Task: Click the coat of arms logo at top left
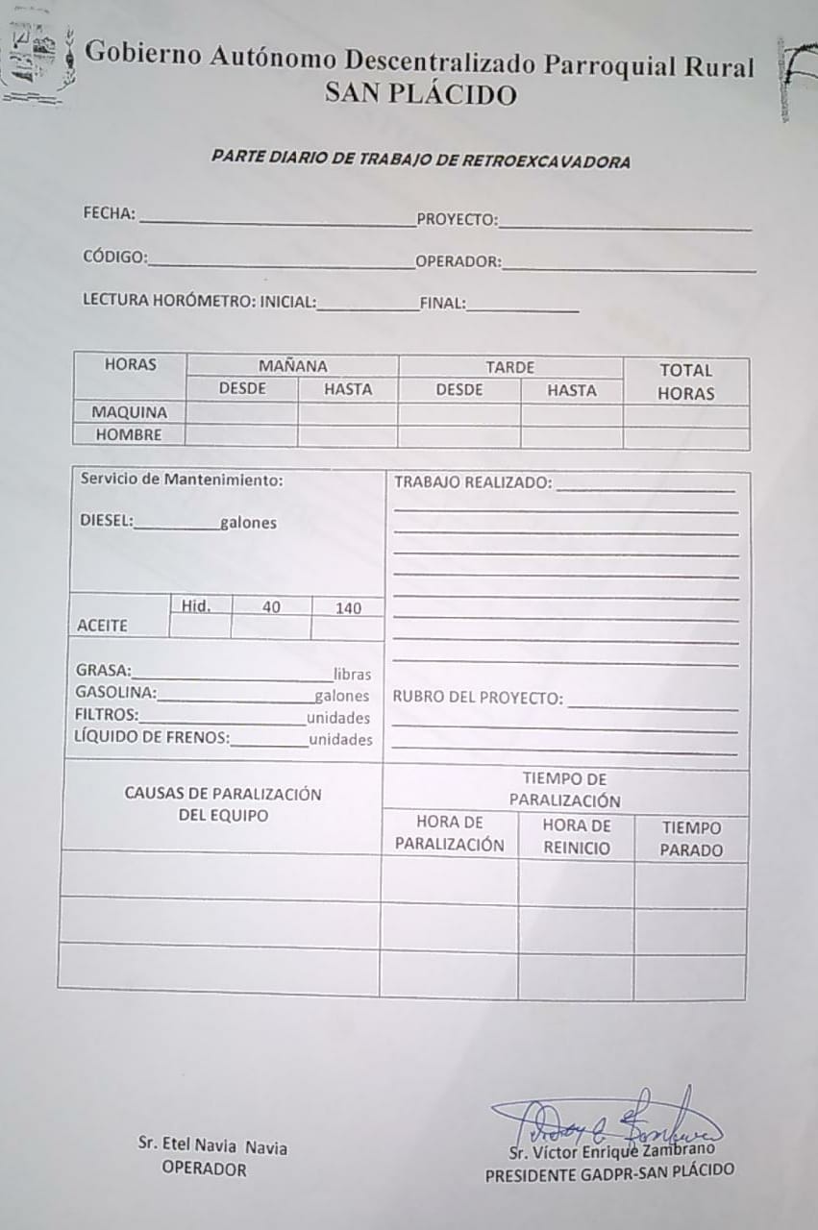click(x=38, y=60)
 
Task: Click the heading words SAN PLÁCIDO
click(x=421, y=95)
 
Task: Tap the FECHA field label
click(x=109, y=213)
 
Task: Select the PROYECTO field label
click(x=457, y=220)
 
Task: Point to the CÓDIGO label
click(x=114, y=258)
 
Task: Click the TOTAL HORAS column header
click(x=685, y=381)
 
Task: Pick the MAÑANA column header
click(x=292, y=366)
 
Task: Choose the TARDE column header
click(x=509, y=367)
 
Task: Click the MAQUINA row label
click(x=129, y=412)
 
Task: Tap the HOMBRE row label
click(x=129, y=434)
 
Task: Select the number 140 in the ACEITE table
click(x=348, y=607)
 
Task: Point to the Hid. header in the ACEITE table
click(x=196, y=605)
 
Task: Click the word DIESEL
click(x=106, y=522)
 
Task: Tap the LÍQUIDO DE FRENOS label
click(x=152, y=738)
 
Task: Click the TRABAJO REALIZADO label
click(x=473, y=482)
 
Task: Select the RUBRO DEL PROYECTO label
click(x=478, y=698)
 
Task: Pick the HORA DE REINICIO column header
click(x=576, y=837)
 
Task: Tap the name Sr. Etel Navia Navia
click(x=212, y=1146)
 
